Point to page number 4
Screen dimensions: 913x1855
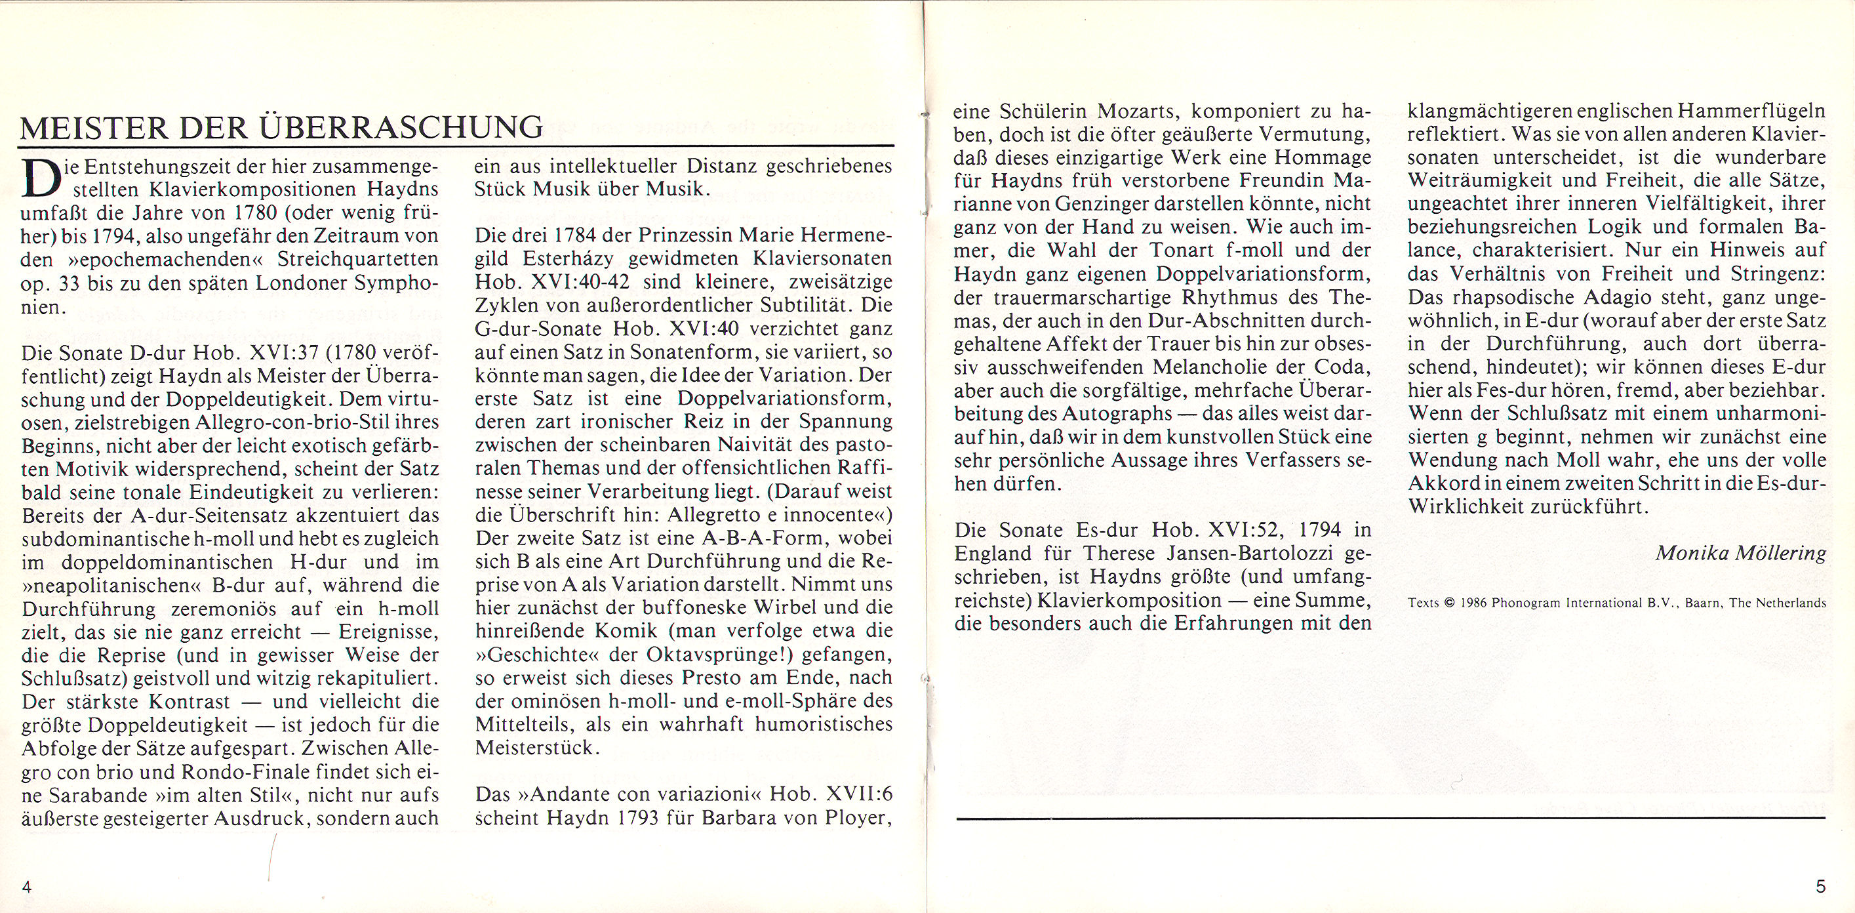click(28, 886)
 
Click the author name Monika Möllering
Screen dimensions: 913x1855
click(1751, 553)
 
